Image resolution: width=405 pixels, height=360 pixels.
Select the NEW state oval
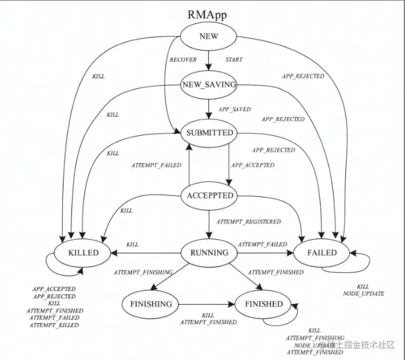pos(208,37)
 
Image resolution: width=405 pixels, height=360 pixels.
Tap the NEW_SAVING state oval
pos(208,84)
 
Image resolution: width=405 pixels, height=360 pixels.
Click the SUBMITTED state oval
pos(208,133)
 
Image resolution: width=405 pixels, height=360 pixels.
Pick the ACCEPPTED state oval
pos(209,196)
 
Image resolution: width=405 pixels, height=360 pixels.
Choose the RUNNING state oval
pos(208,252)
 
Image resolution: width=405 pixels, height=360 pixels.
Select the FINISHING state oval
pos(150,303)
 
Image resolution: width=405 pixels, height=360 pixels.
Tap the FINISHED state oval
pos(264,303)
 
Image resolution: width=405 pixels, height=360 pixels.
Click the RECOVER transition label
pos(182,60)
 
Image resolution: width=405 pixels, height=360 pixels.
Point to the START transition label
pos(234,60)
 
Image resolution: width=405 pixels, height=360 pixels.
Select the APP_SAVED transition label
pos(234,109)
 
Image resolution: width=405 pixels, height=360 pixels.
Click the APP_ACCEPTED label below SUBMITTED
pos(252,165)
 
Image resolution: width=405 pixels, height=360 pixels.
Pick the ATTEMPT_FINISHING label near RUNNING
pos(143,271)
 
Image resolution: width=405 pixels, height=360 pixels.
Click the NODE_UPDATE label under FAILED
pos(363,294)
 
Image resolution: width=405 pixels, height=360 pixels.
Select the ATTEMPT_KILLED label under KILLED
pos(55,325)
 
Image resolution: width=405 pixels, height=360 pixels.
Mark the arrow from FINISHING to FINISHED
pos(207,303)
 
